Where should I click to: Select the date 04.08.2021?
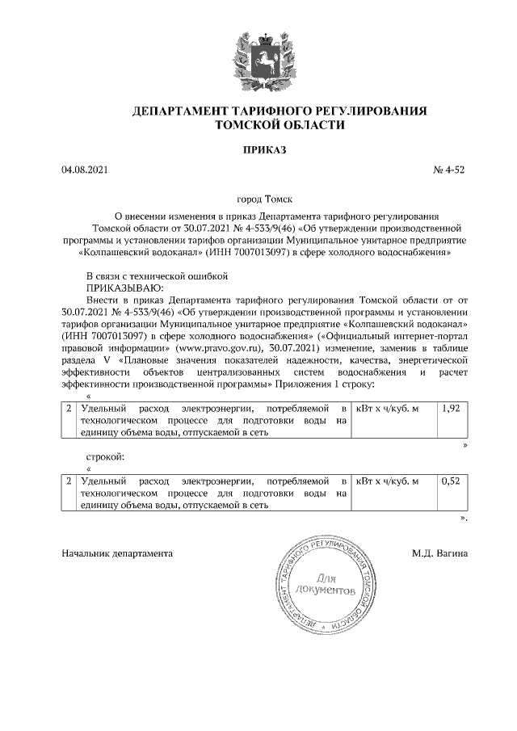click(x=84, y=170)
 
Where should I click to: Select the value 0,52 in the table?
click(x=451, y=481)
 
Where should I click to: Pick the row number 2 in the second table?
click(x=69, y=481)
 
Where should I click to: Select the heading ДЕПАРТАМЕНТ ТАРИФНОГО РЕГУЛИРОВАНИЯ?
click(x=279, y=111)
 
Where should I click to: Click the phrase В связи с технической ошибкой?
click(x=158, y=275)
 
